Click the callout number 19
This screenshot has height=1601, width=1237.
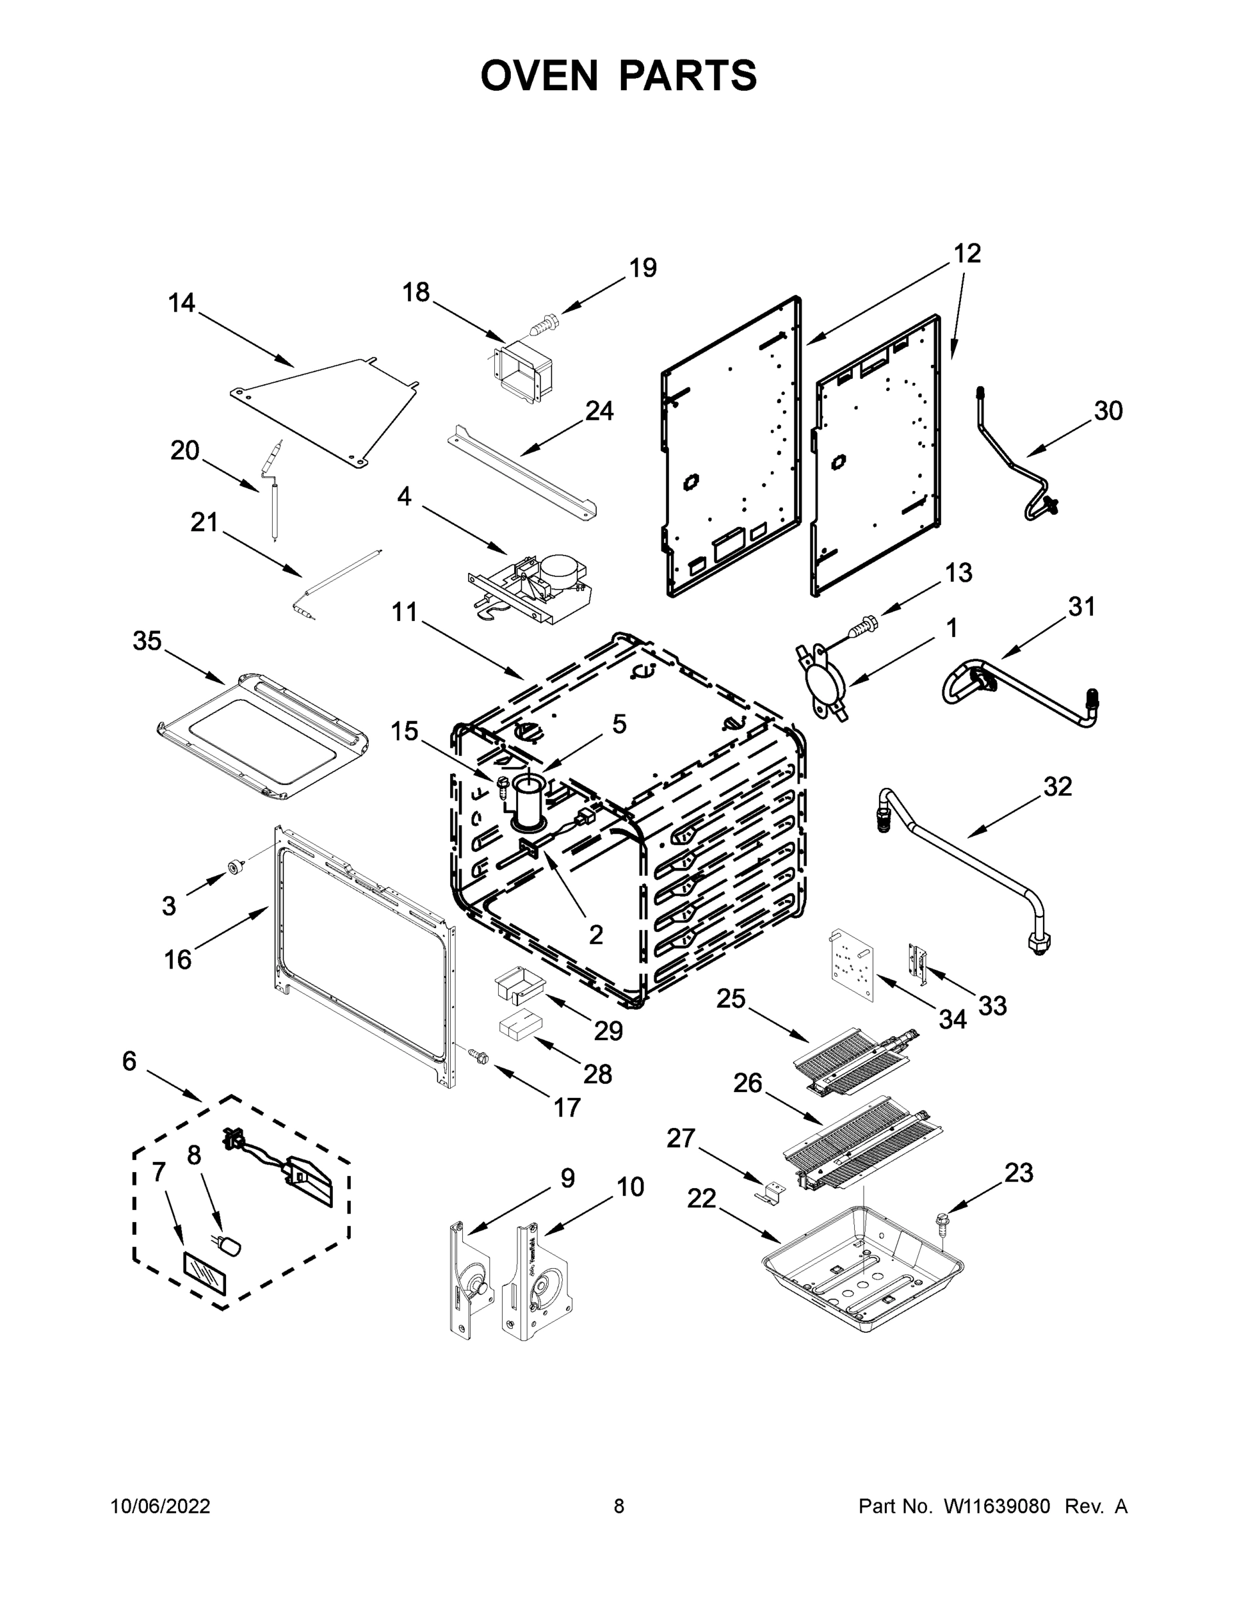pos(643,268)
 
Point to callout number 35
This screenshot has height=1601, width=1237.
pos(147,642)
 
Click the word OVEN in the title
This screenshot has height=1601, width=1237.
pos(539,75)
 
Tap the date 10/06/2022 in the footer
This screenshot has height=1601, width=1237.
pos(161,1506)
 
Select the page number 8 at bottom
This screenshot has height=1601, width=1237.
pos(619,1506)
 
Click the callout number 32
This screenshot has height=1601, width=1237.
pos(1058,786)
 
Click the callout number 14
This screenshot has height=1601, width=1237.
pos(182,303)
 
